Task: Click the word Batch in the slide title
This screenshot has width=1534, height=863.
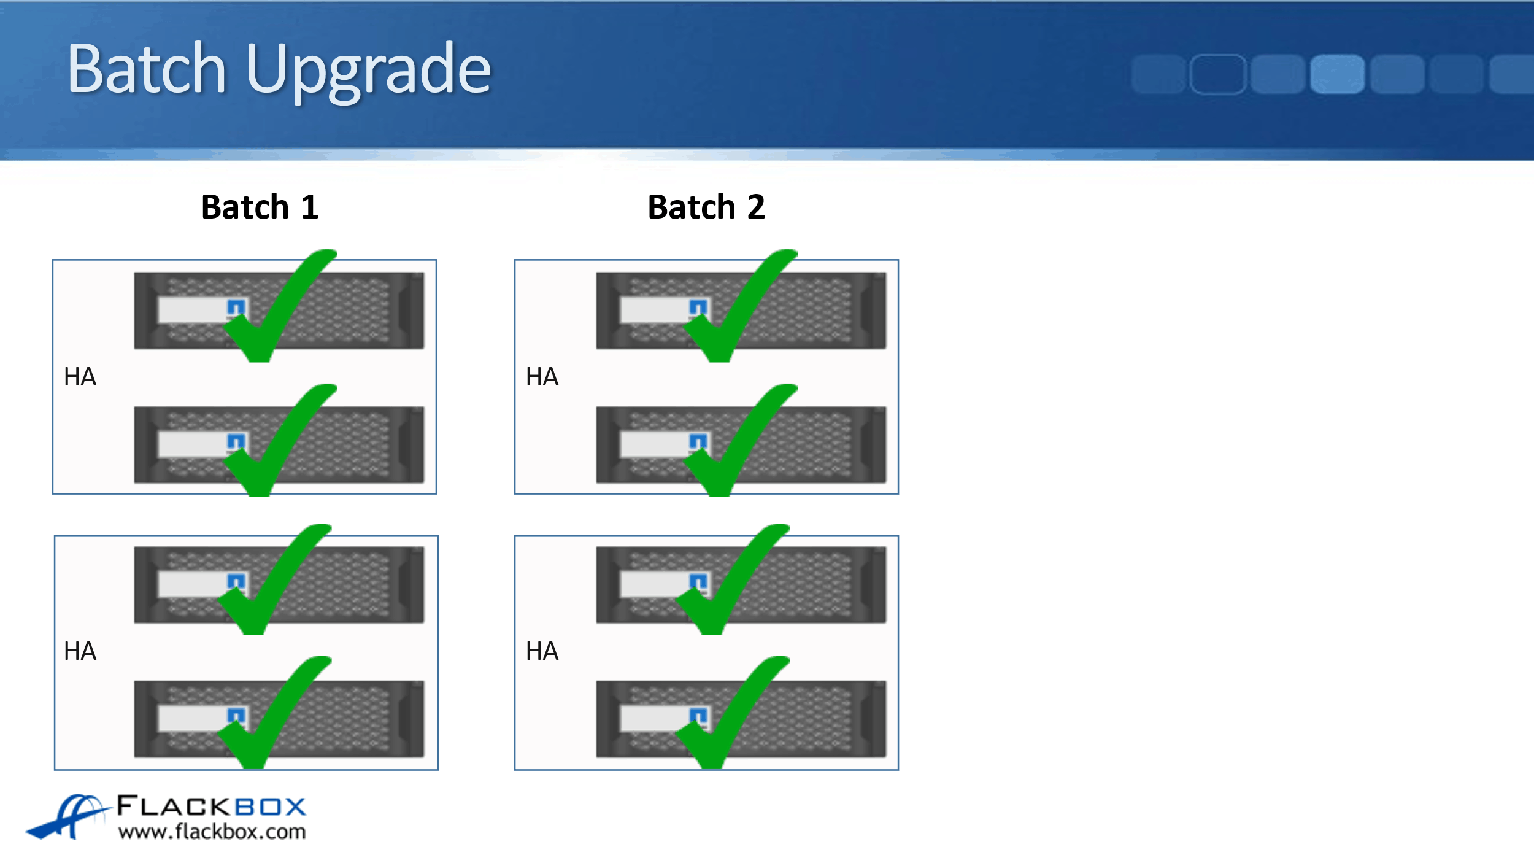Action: tap(147, 68)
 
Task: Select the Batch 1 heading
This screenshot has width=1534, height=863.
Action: tap(260, 207)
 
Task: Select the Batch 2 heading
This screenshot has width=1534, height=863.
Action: tap(706, 207)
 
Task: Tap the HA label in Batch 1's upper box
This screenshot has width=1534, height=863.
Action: tap(80, 377)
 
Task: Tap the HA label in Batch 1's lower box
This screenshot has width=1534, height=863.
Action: tap(80, 651)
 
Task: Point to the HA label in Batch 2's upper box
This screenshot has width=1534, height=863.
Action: tap(542, 377)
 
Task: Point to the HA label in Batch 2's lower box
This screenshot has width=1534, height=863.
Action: tap(542, 651)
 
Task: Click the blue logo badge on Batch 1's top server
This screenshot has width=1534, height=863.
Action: tap(236, 307)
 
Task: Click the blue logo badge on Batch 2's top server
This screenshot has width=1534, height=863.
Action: tap(698, 307)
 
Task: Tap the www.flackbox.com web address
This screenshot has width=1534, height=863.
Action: tap(212, 832)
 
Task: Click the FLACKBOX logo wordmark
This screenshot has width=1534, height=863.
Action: tap(211, 806)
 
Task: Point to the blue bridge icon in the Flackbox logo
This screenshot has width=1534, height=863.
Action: tap(67, 816)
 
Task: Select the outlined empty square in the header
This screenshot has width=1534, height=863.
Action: tap(1217, 74)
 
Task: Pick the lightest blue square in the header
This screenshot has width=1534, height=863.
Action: tap(1337, 74)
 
